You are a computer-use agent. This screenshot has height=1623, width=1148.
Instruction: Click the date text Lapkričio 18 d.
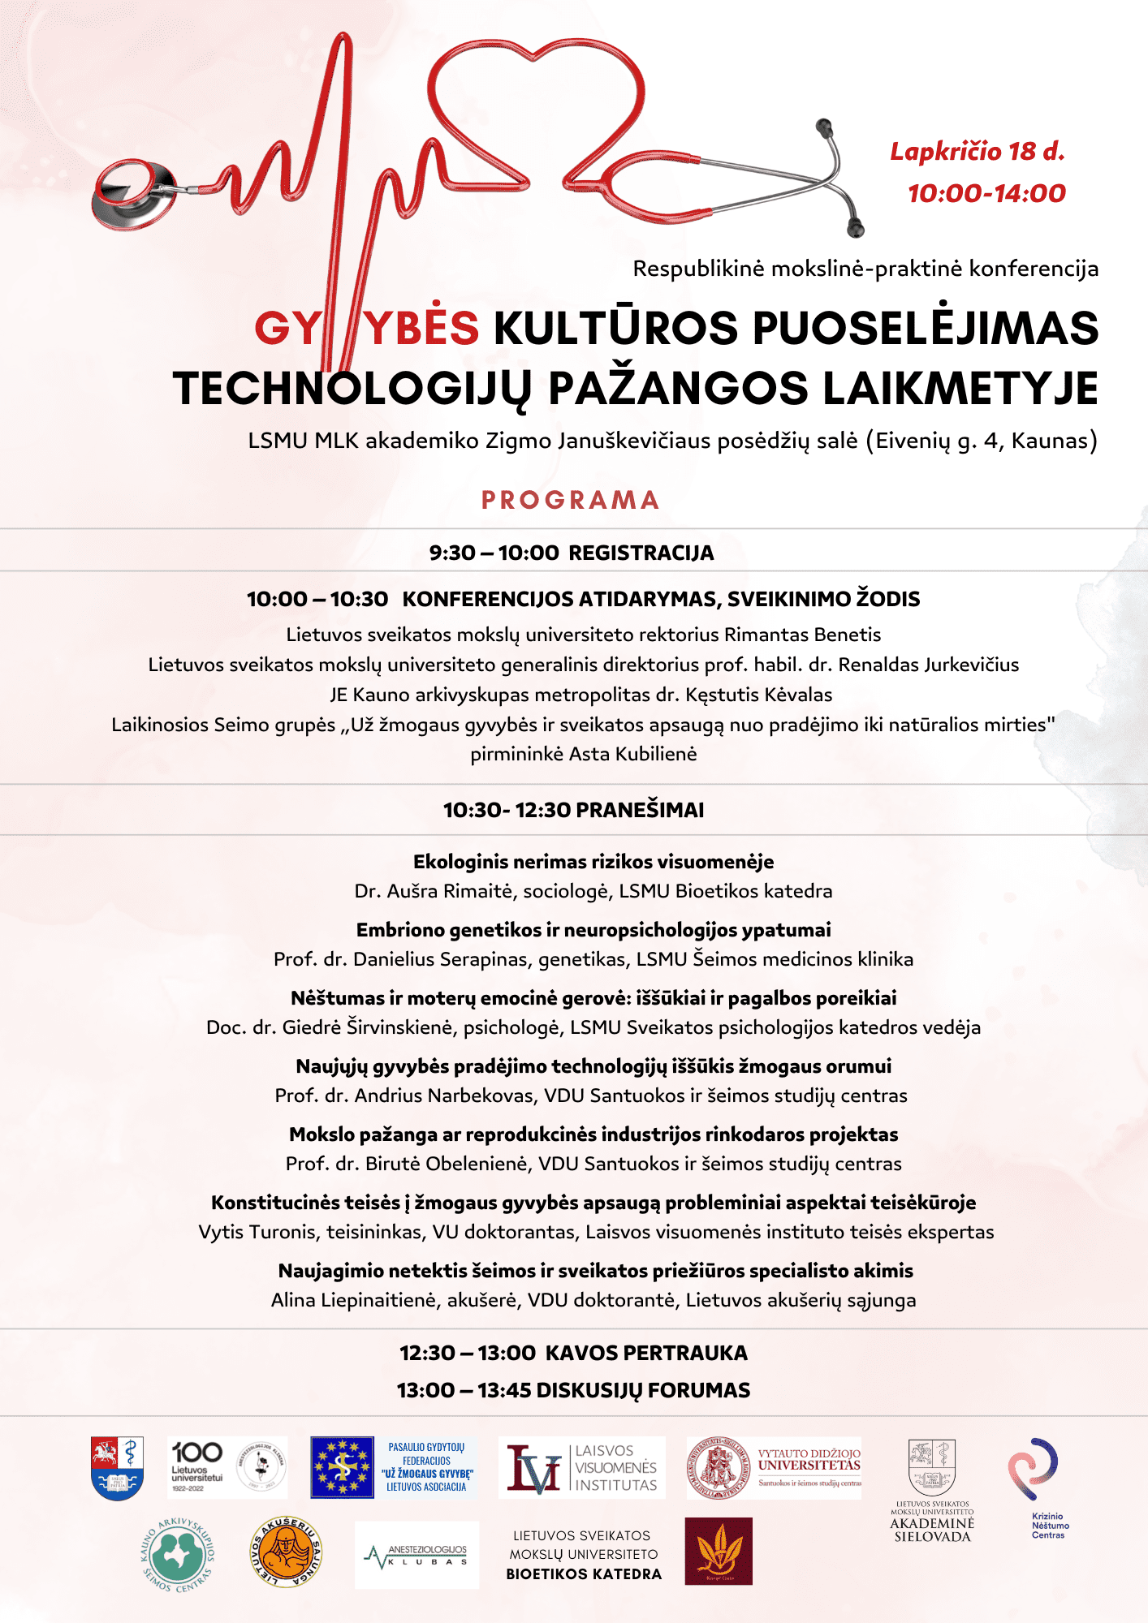pos(977,152)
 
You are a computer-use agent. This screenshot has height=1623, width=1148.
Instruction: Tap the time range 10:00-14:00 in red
pos(986,193)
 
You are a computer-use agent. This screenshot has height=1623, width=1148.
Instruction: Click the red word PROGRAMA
pos(570,500)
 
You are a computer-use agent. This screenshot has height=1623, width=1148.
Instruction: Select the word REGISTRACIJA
pos(641,553)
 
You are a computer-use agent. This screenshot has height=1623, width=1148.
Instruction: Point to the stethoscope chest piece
pos(132,194)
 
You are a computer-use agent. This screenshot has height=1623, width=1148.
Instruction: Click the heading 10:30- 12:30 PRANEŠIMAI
pos(573,810)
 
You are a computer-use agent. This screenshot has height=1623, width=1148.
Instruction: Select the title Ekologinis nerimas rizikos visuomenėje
pos(593,862)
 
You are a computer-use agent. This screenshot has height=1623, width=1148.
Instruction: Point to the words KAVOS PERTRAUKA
pos(646,1353)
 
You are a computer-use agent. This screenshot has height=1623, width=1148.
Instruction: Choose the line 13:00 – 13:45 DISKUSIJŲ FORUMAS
pos(573,1390)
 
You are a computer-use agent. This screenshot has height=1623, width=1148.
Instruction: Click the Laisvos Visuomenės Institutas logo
pos(582,1468)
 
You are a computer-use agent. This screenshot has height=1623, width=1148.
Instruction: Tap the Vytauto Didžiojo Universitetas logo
pos(773,1468)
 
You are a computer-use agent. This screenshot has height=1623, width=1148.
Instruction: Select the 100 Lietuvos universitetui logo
pos(197,1467)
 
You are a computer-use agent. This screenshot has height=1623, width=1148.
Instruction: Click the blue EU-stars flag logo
pos(343,1467)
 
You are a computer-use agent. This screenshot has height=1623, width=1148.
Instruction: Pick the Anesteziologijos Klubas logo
pos(417,1555)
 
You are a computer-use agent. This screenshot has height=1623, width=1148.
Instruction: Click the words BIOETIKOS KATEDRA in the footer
pos(584,1574)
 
